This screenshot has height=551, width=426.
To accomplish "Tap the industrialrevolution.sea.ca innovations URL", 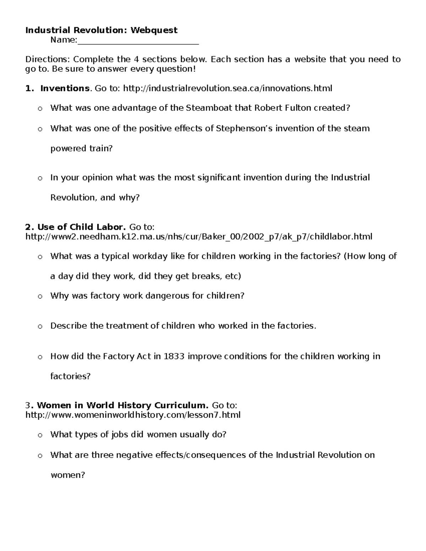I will click(228, 88).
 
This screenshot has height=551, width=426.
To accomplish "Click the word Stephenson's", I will click(244, 128).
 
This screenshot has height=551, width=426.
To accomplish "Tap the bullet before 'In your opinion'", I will click(40, 178).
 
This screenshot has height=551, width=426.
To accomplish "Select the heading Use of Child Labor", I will click(81, 227).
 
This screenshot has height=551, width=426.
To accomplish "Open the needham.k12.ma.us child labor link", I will click(199, 237).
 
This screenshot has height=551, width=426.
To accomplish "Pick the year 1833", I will click(174, 356).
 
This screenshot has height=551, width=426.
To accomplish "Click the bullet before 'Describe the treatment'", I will click(40, 326).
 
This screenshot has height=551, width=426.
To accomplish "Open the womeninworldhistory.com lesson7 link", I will click(133, 415).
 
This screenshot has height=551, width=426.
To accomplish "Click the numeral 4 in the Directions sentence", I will click(136, 59).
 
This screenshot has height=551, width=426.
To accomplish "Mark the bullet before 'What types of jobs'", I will click(40, 435).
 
